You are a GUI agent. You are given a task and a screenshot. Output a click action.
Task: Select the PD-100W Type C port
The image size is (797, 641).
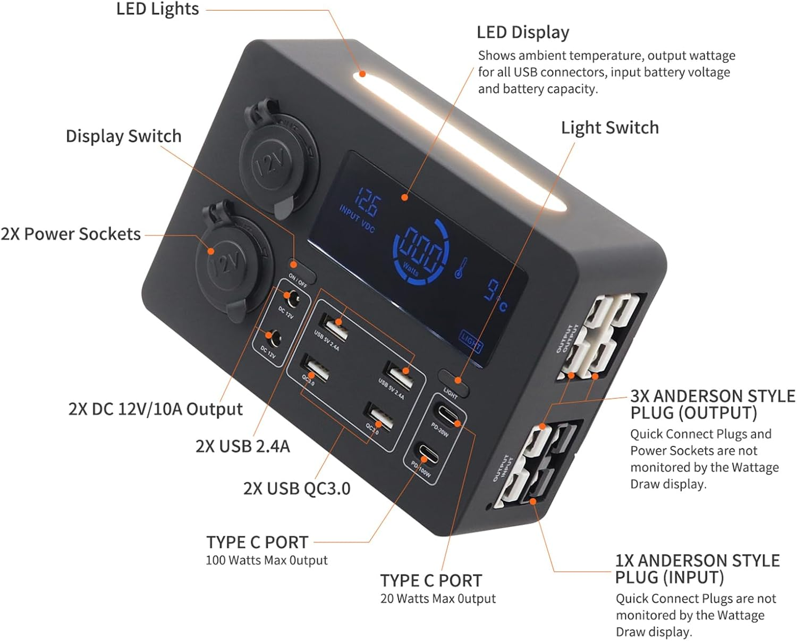point(428,455)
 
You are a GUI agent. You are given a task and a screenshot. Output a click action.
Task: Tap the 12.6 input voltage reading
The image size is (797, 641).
point(367,202)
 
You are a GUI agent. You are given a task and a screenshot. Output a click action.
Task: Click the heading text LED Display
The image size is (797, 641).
point(523,32)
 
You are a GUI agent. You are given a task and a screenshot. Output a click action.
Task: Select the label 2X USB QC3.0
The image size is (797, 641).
point(296,488)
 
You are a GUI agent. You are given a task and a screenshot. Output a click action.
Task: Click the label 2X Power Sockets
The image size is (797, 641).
point(71,234)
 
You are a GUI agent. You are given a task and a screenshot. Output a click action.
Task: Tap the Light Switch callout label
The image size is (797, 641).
point(609,128)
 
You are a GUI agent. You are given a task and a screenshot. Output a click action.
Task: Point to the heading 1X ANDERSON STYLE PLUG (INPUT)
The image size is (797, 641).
point(697,569)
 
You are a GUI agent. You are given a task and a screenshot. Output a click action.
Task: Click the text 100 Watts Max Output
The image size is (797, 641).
point(267,560)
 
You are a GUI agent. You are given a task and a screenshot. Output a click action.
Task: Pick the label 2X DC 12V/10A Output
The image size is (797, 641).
point(155,409)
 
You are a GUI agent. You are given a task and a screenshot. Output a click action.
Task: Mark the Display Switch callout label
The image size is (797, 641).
point(123,136)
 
